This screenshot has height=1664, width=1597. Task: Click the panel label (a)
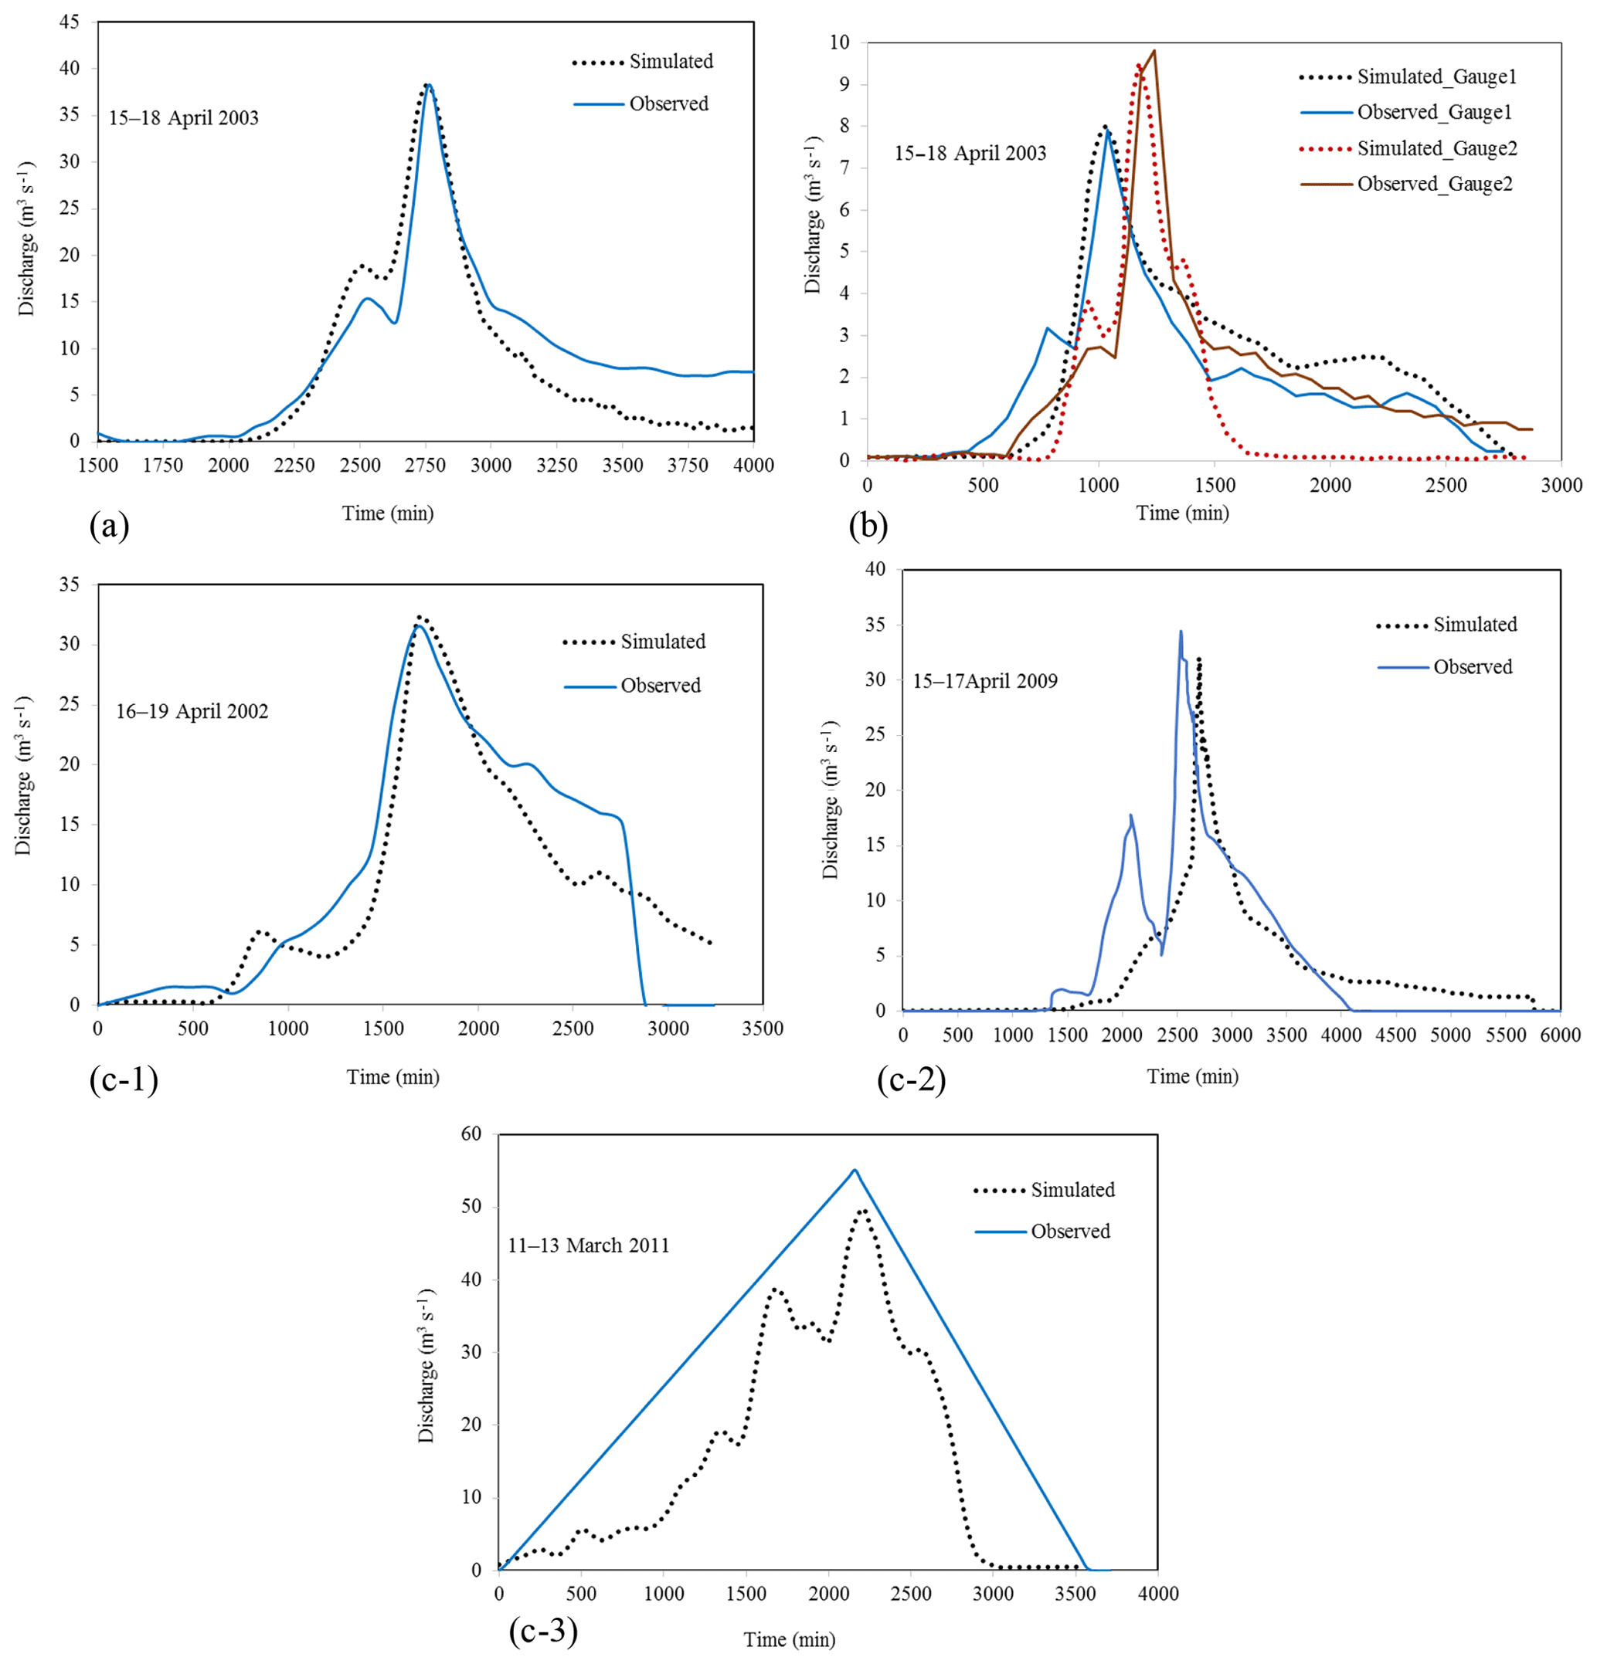pos(109,527)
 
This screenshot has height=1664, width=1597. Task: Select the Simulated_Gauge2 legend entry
pos(1436,148)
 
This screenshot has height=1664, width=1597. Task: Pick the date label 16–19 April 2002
pos(192,711)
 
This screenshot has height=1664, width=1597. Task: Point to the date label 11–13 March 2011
pos(589,1245)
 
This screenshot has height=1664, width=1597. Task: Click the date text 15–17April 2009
pos(985,681)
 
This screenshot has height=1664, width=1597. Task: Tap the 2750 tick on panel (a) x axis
pos(426,466)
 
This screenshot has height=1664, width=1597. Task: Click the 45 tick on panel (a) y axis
pos(69,22)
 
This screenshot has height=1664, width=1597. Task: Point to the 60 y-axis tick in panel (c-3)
pos(471,1134)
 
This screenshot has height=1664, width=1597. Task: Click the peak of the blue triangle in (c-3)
pos(855,1170)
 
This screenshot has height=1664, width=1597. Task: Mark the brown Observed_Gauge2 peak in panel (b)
pos(1154,51)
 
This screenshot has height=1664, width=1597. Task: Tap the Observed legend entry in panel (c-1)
pos(660,686)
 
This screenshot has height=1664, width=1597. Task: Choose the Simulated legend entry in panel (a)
pos(670,62)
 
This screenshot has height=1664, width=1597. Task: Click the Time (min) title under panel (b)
pos(1182,513)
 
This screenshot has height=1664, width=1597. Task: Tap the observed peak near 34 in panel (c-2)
pos(1180,632)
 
